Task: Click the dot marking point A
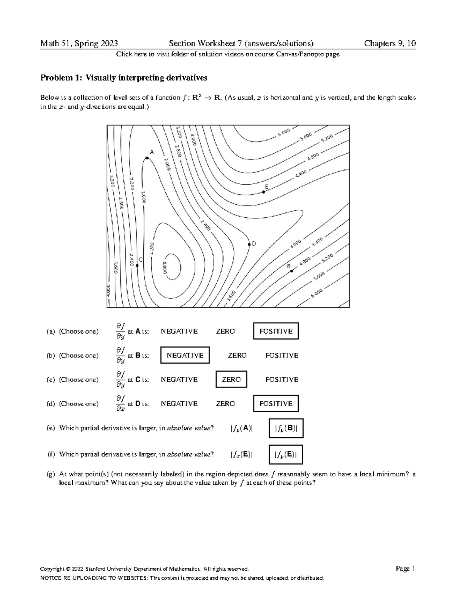tap(146, 158)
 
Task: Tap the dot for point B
tap(291, 271)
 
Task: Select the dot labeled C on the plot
tap(137, 266)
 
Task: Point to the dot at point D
tap(249, 244)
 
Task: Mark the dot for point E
tap(264, 192)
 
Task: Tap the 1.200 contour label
tap(152, 249)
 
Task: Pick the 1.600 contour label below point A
tap(143, 197)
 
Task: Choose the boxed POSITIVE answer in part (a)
tap(276, 331)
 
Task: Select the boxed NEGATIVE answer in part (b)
tap(185, 356)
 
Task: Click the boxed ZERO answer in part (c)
tap(231, 380)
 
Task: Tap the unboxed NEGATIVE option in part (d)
tap(179, 404)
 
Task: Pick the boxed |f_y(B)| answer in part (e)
tap(286, 428)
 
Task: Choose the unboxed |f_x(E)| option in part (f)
tap(241, 454)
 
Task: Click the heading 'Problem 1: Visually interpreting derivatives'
tap(124, 78)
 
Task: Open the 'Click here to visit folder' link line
tap(228, 54)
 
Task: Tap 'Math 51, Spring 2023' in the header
tap(79, 43)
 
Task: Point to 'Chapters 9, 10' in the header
tap(390, 43)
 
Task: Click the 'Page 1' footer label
tap(405, 569)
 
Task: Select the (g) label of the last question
tap(51, 475)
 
